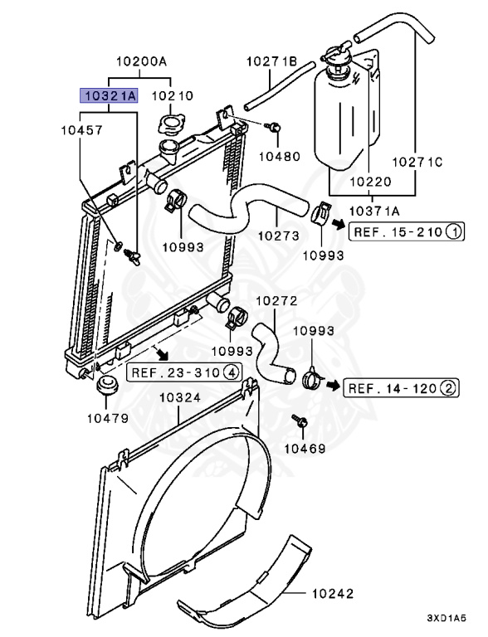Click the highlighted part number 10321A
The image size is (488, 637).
click(x=109, y=96)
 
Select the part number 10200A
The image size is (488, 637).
click(x=142, y=61)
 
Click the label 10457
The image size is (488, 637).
click(x=81, y=130)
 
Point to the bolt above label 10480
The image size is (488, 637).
click(x=274, y=127)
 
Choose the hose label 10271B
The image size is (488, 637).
click(x=271, y=61)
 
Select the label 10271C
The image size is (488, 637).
click(x=417, y=162)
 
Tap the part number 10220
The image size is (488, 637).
click(x=370, y=182)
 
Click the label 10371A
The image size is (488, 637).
click(x=374, y=211)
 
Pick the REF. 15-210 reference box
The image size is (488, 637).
click(x=407, y=232)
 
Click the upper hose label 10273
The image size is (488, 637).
click(x=279, y=236)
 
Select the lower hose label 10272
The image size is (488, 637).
click(x=277, y=301)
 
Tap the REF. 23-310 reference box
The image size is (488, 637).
click(x=184, y=372)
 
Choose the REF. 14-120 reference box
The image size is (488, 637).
click(x=402, y=388)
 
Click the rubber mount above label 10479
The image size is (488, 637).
click(x=108, y=385)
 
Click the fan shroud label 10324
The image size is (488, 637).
click(x=180, y=397)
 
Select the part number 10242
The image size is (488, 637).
click(x=333, y=594)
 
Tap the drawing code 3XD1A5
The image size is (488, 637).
click(x=447, y=618)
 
